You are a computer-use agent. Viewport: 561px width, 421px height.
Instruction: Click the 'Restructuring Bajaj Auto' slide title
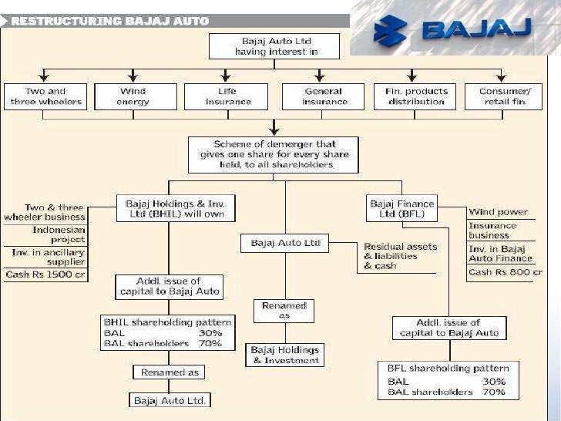point(109,21)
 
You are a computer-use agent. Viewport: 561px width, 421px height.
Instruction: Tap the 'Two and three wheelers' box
point(45,96)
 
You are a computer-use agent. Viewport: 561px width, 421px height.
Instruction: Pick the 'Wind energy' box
point(133,96)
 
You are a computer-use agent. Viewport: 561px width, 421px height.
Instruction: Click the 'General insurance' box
point(324,96)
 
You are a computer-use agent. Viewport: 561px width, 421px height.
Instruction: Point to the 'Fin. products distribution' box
point(416,96)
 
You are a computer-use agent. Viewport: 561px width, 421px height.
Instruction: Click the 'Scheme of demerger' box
point(274,154)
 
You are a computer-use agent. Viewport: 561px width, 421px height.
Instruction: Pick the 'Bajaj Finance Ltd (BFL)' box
point(401,209)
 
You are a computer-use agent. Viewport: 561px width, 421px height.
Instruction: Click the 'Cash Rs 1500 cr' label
point(44,274)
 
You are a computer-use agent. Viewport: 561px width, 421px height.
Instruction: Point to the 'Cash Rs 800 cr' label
point(506,271)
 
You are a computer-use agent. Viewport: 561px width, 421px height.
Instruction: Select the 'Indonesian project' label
point(59,234)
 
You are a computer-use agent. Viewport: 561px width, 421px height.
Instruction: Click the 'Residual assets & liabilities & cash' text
point(400,256)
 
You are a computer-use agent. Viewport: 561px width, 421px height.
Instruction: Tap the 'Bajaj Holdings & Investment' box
point(284,355)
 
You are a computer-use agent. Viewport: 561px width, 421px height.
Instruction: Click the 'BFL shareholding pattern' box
point(446,380)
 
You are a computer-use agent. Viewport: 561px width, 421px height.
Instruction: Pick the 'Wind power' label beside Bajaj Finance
point(498,211)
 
